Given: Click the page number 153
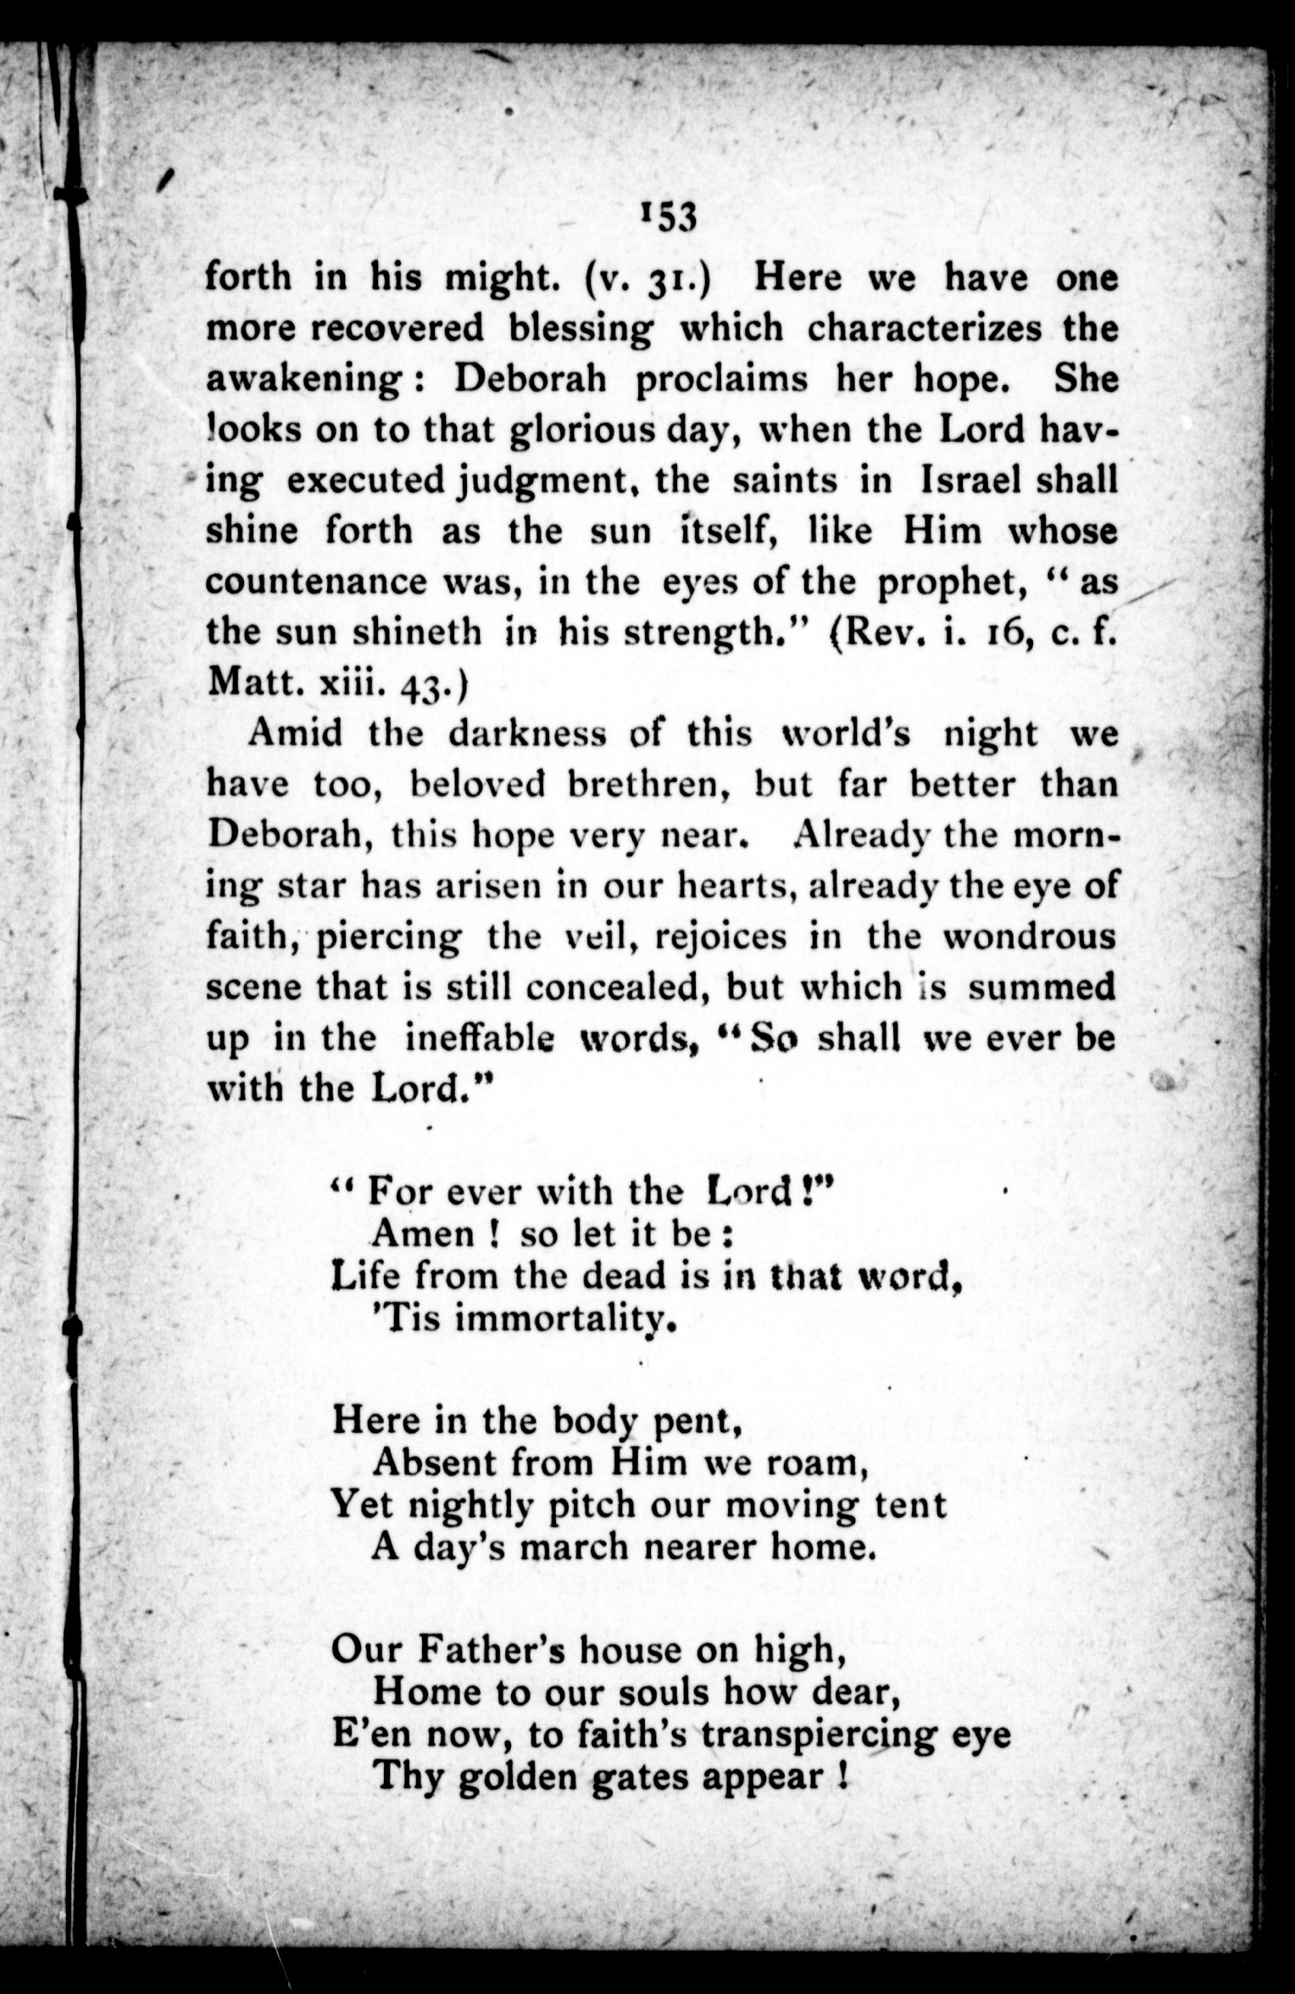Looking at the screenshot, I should coord(670,217).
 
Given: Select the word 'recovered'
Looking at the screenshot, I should coord(397,328).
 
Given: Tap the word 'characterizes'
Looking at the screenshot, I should coord(924,328).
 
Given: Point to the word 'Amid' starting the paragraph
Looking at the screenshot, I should coord(295,733).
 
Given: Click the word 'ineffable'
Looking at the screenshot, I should coord(480,1039).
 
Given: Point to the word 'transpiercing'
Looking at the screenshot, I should coord(819,1735).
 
